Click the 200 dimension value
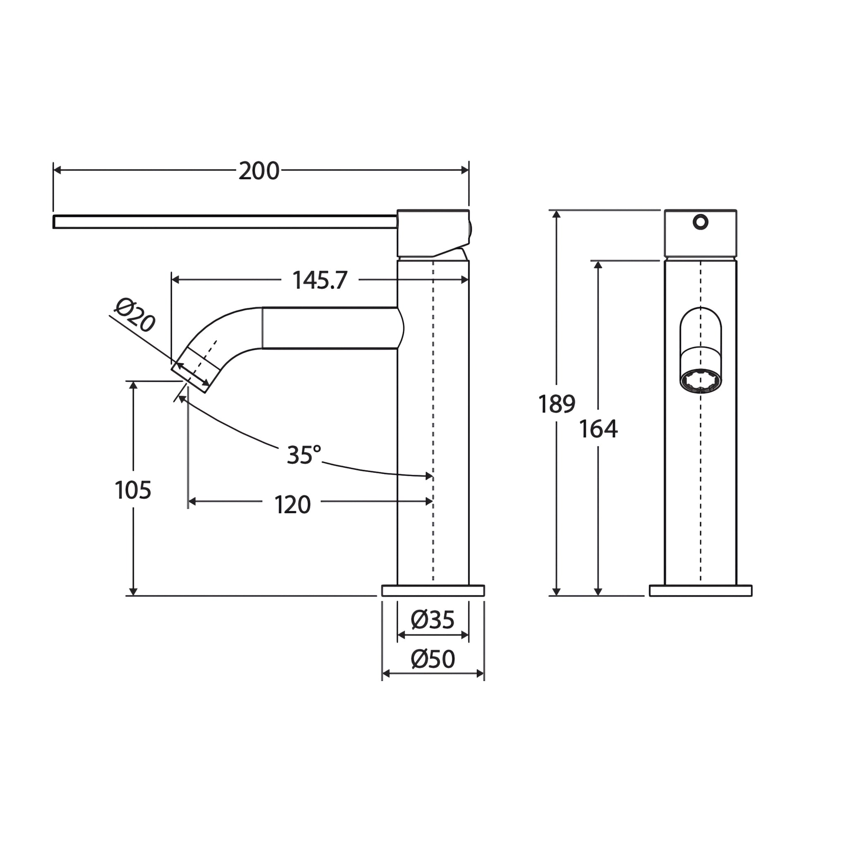point(258,170)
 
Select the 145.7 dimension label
point(320,280)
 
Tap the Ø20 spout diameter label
point(135,315)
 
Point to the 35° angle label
point(304,455)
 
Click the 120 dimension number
point(292,505)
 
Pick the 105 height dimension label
point(133,490)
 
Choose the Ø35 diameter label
point(433,620)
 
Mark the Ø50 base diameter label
point(433,659)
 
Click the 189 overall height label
point(557,404)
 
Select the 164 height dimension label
point(598,429)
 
